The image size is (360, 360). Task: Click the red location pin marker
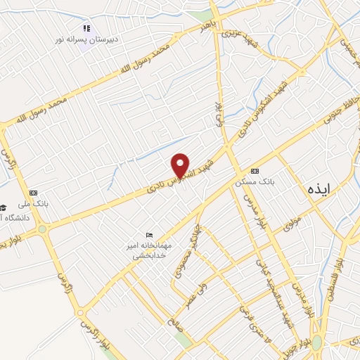point(181,166)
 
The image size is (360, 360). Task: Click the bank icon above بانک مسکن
point(254,172)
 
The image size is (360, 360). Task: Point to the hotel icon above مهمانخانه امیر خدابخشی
point(148,235)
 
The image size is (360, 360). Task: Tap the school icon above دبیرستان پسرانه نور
point(86,29)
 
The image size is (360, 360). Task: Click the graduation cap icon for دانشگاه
point(4,207)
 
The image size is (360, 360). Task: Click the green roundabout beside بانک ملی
point(42,229)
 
